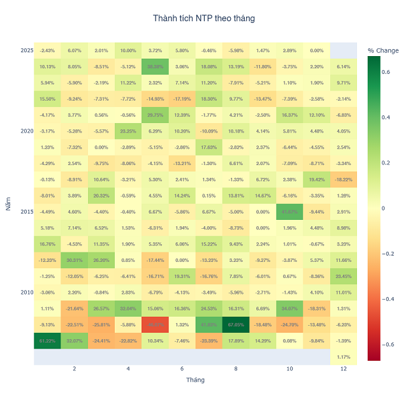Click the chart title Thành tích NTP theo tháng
pyautogui.click(x=204, y=18)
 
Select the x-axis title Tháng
pyautogui.click(x=195, y=379)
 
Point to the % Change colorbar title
pyautogui.click(x=383, y=50)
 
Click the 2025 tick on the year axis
pyautogui.click(x=27, y=50)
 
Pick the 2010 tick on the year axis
pyautogui.click(x=27, y=292)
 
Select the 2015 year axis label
pyautogui.click(x=27, y=212)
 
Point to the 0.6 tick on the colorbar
pyautogui.click(x=386, y=71)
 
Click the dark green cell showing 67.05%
pyautogui.click(x=236, y=324)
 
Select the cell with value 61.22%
pyautogui.click(x=47, y=340)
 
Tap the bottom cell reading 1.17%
pyautogui.click(x=343, y=356)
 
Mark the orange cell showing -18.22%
pyautogui.click(x=343, y=179)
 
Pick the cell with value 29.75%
pyautogui.click(x=155, y=115)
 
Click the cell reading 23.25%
pyautogui.click(x=128, y=131)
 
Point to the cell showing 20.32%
pyautogui.click(x=101, y=196)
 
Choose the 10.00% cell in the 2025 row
pyautogui.click(x=128, y=50)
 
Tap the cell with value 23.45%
pyautogui.click(x=343, y=276)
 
